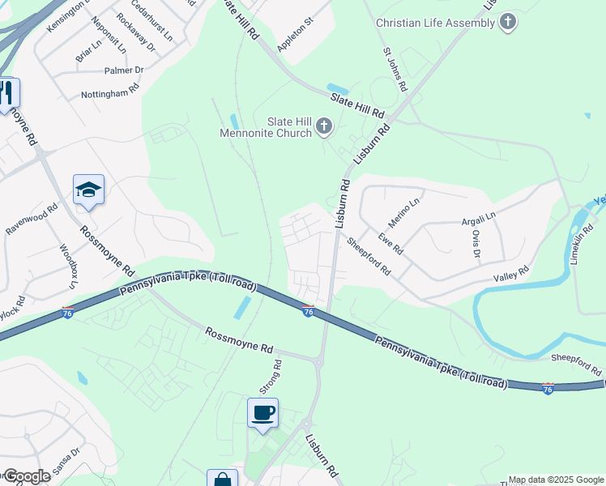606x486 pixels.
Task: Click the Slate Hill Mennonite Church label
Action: pos(266,127)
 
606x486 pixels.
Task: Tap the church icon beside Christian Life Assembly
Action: pos(508,22)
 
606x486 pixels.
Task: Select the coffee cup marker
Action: pos(262,413)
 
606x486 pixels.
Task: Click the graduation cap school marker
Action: pos(88,190)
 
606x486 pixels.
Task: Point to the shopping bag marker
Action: pos(222,480)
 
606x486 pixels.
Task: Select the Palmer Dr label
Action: pos(123,70)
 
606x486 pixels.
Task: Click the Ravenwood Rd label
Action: pos(32,219)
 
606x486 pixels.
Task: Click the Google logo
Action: pos(26,476)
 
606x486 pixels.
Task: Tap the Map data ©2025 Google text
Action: pos(556,480)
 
